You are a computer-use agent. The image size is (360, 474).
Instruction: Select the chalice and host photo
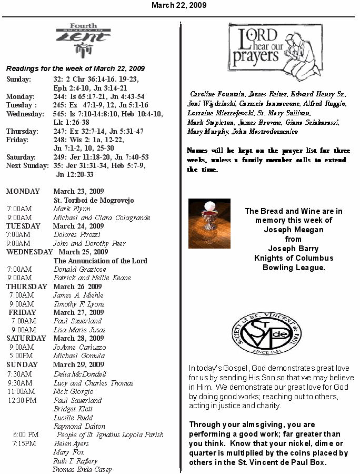(x=209, y=223)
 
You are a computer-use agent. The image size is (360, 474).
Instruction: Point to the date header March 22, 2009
(x=179, y=5)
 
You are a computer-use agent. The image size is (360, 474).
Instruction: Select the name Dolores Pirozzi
(x=76, y=234)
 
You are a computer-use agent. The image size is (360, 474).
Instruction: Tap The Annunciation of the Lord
(x=100, y=261)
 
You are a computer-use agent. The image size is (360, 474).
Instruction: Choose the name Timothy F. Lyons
(x=79, y=304)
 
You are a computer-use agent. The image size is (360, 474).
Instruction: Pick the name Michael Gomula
(x=79, y=356)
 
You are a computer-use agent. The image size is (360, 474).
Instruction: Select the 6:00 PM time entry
(x=26, y=434)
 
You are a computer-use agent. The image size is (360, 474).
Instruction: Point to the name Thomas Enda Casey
(x=82, y=469)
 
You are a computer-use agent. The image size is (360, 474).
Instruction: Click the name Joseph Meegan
(x=293, y=230)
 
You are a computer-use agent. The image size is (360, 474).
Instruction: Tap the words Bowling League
(x=294, y=268)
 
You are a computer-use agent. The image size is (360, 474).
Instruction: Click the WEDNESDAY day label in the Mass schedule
(x=29, y=252)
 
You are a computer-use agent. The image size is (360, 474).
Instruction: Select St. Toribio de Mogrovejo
(x=94, y=200)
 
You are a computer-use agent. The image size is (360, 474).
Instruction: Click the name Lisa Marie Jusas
(x=79, y=330)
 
